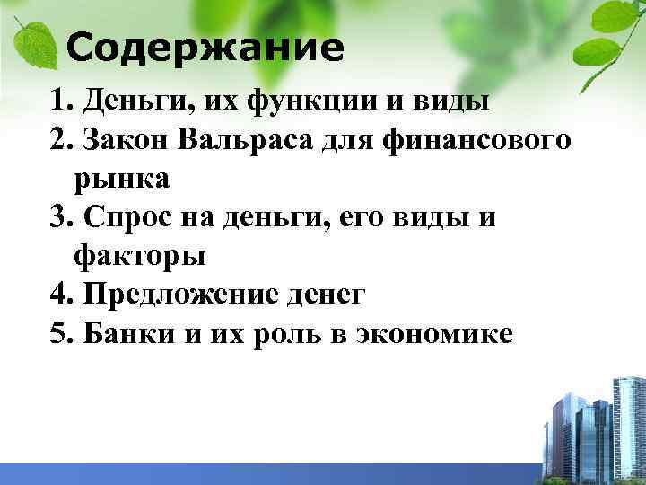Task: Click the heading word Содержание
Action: point(205,48)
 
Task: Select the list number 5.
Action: point(60,334)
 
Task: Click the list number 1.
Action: point(60,101)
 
